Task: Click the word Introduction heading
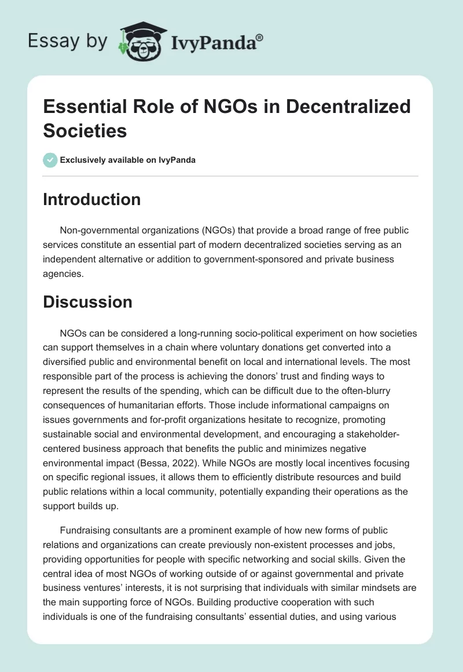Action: pos(92,199)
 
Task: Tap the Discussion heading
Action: pos(88,302)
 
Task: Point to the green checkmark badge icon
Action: pos(50,160)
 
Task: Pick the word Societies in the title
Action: pos(85,130)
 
